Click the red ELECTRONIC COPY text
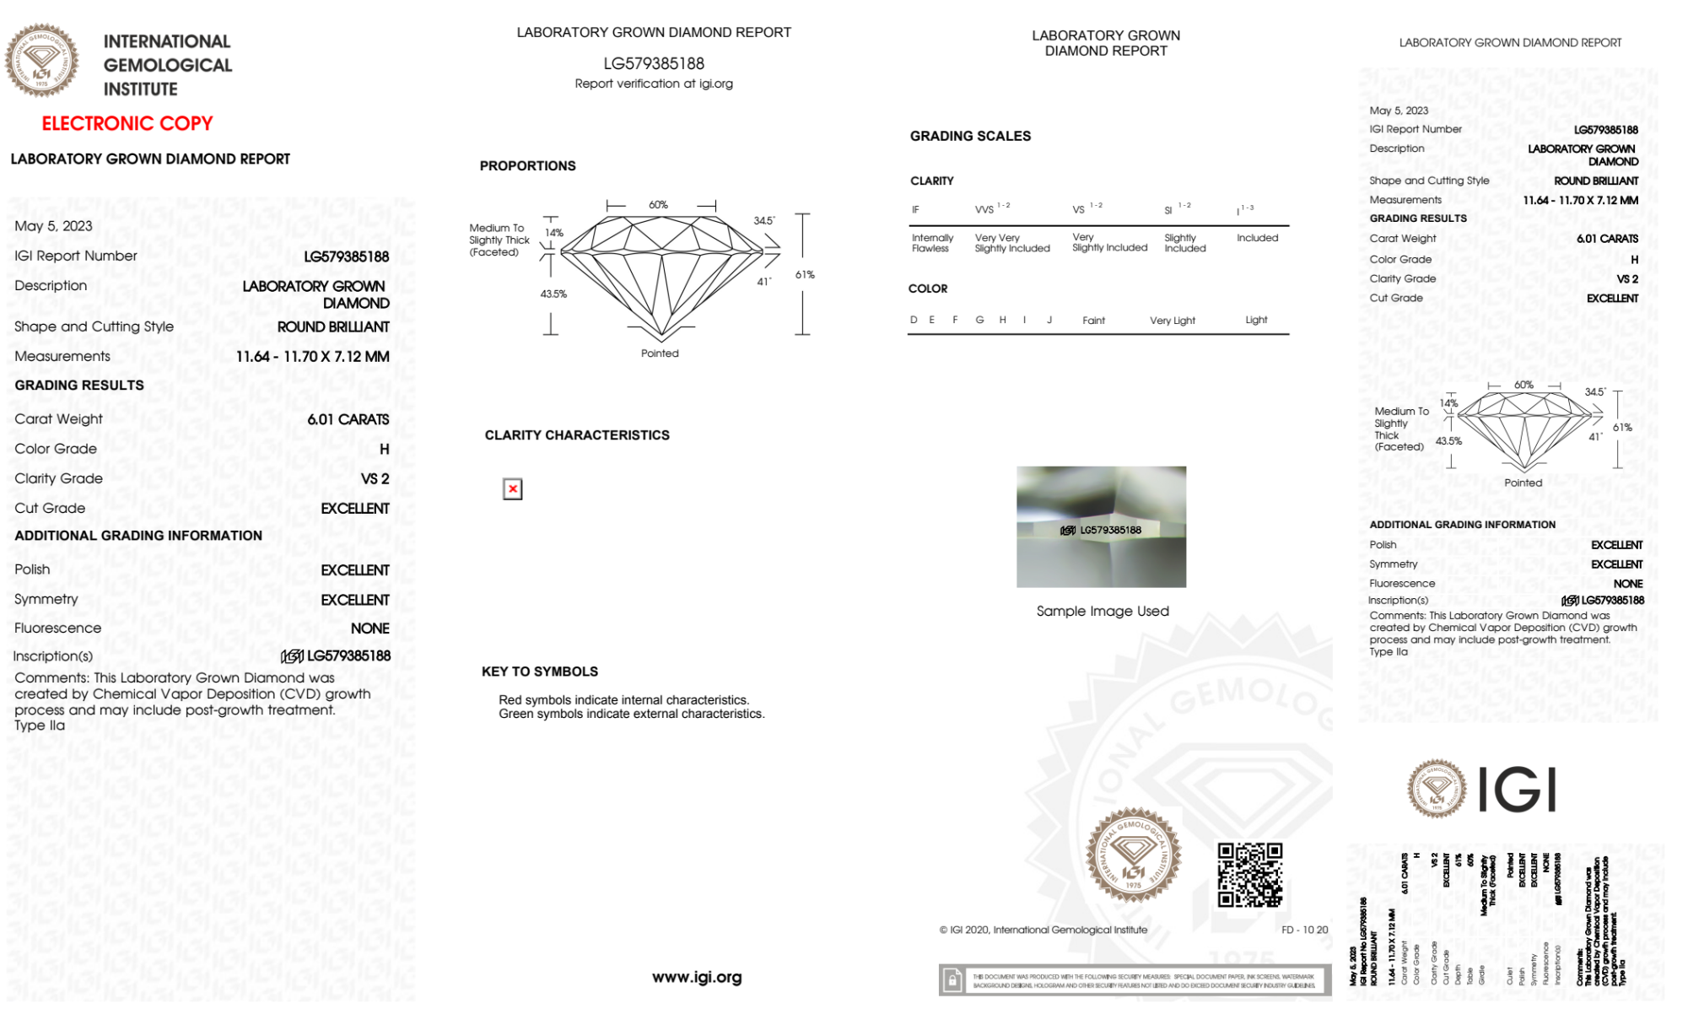click(127, 123)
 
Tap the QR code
click(1249, 874)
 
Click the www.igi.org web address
click(697, 977)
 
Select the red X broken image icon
click(512, 489)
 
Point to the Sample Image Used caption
click(1102, 611)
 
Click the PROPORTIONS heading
click(527, 166)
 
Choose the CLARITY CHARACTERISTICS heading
click(577, 435)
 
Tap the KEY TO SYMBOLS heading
click(540, 672)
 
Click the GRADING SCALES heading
click(970, 136)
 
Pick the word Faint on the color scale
click(1093, 321)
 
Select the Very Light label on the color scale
click(1172, 321)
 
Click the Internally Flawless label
click(932, 243)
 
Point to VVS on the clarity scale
click(984, 210)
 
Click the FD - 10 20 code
click(1304, 930)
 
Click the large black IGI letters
click(1518, 790)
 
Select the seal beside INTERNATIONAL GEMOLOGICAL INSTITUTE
click(41, 60)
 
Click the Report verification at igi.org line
click(654, 84)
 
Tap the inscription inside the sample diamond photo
click(1102, 530)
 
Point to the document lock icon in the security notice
click(952, 980)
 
